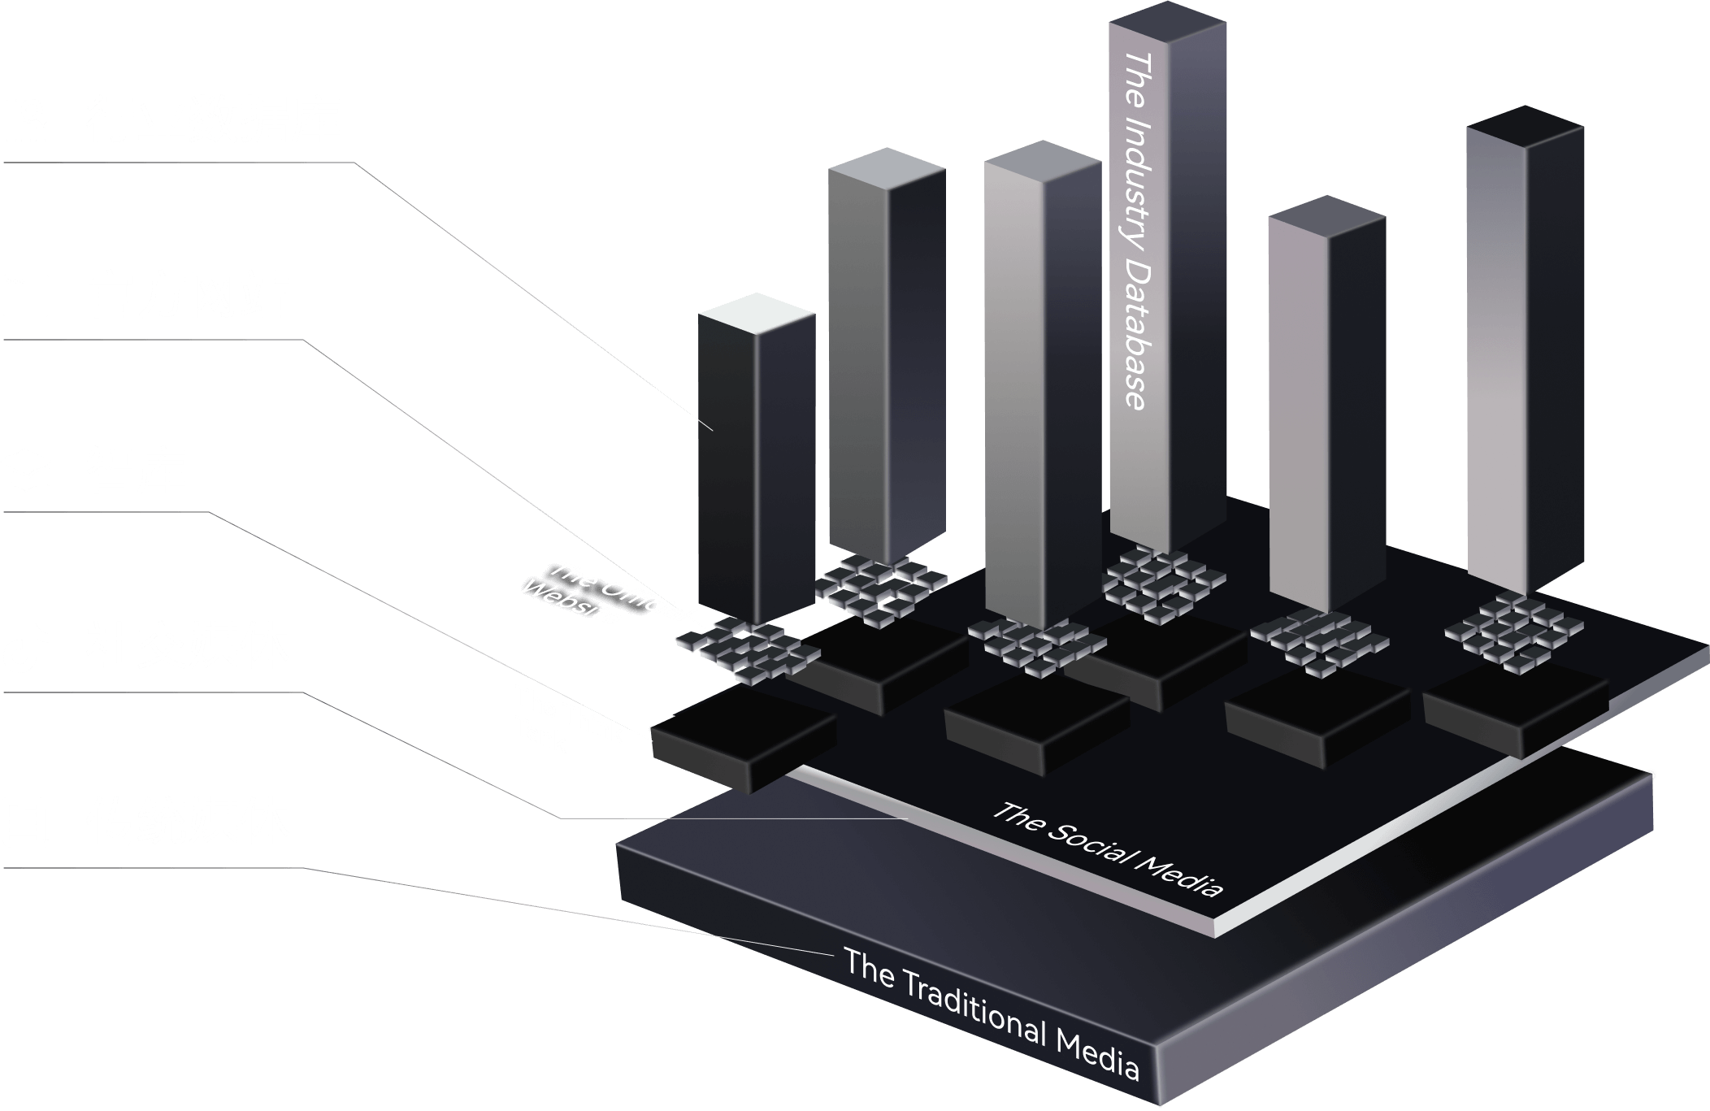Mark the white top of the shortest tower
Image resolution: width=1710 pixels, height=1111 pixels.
tap(757, 313)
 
